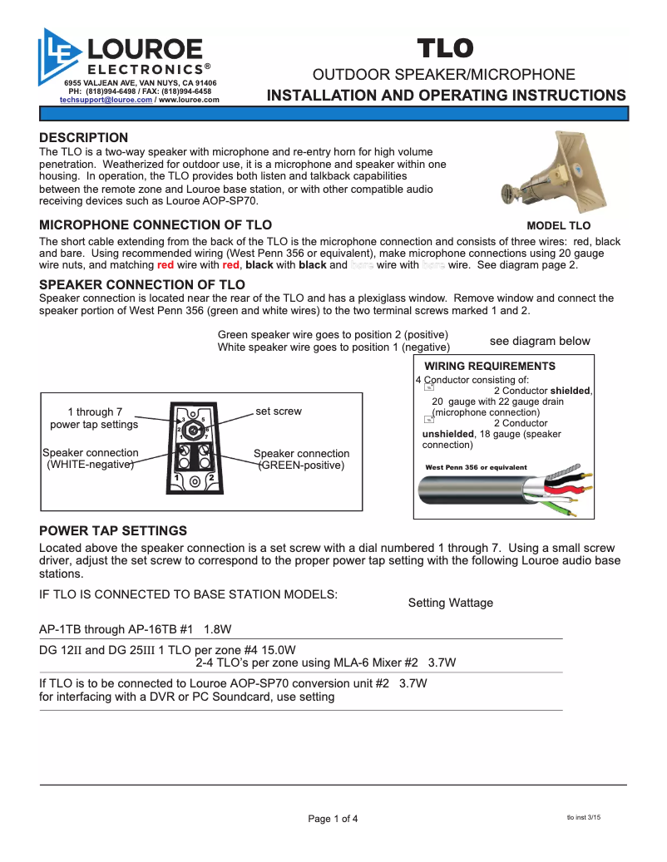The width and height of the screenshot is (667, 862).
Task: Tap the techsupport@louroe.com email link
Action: tap(106, 100)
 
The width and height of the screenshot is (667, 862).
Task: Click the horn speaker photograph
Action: tap(550, 170)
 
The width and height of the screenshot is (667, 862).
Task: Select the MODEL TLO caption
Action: tap(558, 225)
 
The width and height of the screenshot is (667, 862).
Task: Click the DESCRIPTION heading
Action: tap(84, 137)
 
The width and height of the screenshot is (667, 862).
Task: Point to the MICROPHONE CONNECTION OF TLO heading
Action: tap(156, 224)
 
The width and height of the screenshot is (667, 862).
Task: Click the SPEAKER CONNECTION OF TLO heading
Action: tap(142, 284)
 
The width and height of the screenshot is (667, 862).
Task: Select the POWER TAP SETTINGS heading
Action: tap(113, 530)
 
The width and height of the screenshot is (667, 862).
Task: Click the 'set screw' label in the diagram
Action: tap(279, 411)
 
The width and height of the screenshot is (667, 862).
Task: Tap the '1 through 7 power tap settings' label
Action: tap(94, 418)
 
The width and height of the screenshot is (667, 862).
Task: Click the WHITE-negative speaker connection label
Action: tap(90, 459)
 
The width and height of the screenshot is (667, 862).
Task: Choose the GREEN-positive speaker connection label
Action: tap(301, 460)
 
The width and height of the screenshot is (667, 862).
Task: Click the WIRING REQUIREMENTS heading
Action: tap(490, 366)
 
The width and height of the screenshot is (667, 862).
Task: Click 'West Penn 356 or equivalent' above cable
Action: tap(476, 467)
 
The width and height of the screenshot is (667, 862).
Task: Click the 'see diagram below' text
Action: tap(540, 341)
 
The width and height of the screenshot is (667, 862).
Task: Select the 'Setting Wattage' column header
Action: tap(450, 603)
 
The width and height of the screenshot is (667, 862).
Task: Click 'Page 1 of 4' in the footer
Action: tap(333, 819)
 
